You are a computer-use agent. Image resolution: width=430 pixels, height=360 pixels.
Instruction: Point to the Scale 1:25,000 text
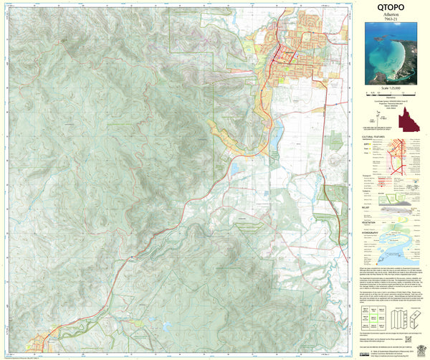391,87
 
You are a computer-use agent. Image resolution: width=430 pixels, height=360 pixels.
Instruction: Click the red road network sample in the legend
405,154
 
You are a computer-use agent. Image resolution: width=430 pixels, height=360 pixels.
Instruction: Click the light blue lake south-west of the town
235,169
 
